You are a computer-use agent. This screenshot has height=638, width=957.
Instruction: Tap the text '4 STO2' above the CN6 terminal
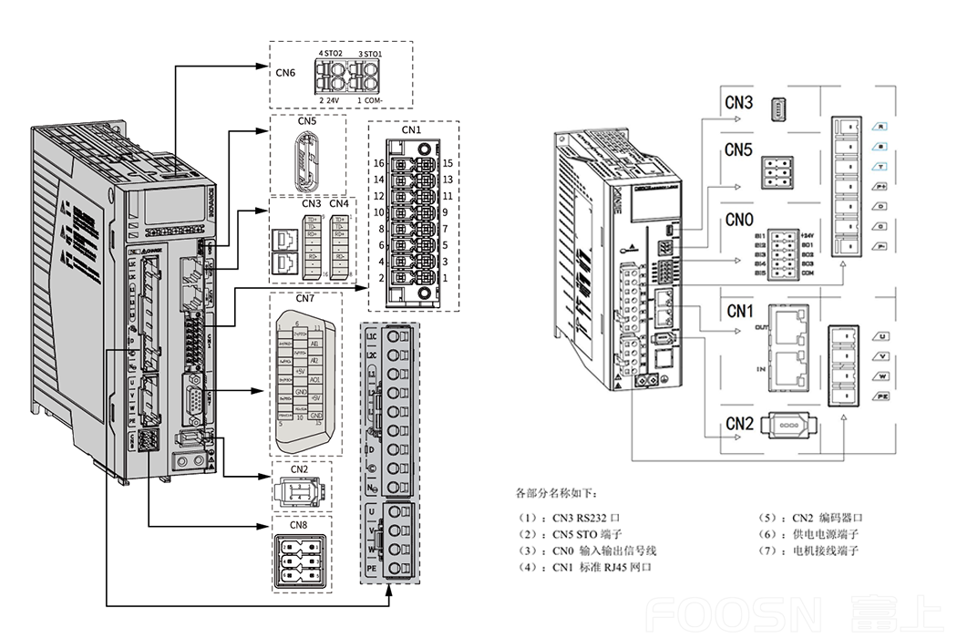click(330, 55)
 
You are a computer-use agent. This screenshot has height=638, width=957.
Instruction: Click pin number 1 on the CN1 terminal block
click(445, 276)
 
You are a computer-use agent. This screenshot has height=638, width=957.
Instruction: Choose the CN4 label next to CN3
click(339, 203)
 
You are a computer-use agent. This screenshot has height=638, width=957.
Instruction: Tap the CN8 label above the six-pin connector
click(299, 525)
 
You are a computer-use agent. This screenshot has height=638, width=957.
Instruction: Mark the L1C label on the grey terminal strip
click(372, 336)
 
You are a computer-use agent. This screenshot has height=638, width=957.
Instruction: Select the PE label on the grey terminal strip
click(372, 568)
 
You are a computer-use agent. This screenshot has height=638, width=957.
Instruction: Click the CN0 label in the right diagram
click(739, 219)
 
